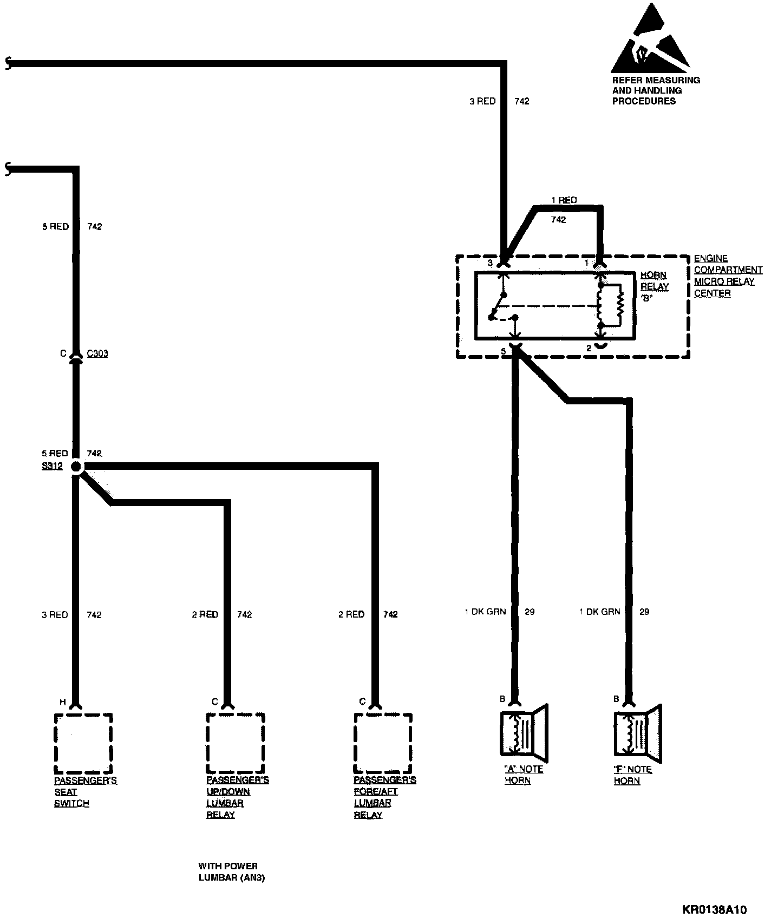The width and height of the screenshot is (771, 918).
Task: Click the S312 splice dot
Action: coord(76,467)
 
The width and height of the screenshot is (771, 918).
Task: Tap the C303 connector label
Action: coord(97,353)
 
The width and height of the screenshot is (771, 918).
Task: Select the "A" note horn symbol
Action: coord(524,732)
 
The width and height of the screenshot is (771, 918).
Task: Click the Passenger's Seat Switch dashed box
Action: coord(83,744)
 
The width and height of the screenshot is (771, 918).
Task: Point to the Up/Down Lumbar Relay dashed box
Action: coord(235,744)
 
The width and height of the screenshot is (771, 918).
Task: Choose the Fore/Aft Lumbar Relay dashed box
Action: coord(383,744)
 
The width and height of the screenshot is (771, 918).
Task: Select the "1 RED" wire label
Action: coord(564,200)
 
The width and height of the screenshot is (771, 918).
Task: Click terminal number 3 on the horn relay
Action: coord(490,263)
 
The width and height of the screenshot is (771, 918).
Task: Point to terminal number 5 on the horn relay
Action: coord(503,351)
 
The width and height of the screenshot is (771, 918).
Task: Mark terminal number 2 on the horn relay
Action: coord(589,349)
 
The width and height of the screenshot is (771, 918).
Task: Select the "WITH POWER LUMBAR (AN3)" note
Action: coord(231,872)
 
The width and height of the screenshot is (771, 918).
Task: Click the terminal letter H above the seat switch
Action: coord(62,702)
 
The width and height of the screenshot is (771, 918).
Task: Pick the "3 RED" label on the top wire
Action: coord(482,101)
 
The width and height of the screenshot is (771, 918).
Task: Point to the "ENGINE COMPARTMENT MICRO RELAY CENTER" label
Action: coord(727,276)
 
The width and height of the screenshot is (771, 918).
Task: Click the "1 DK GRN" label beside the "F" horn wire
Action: coord(599,612)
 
